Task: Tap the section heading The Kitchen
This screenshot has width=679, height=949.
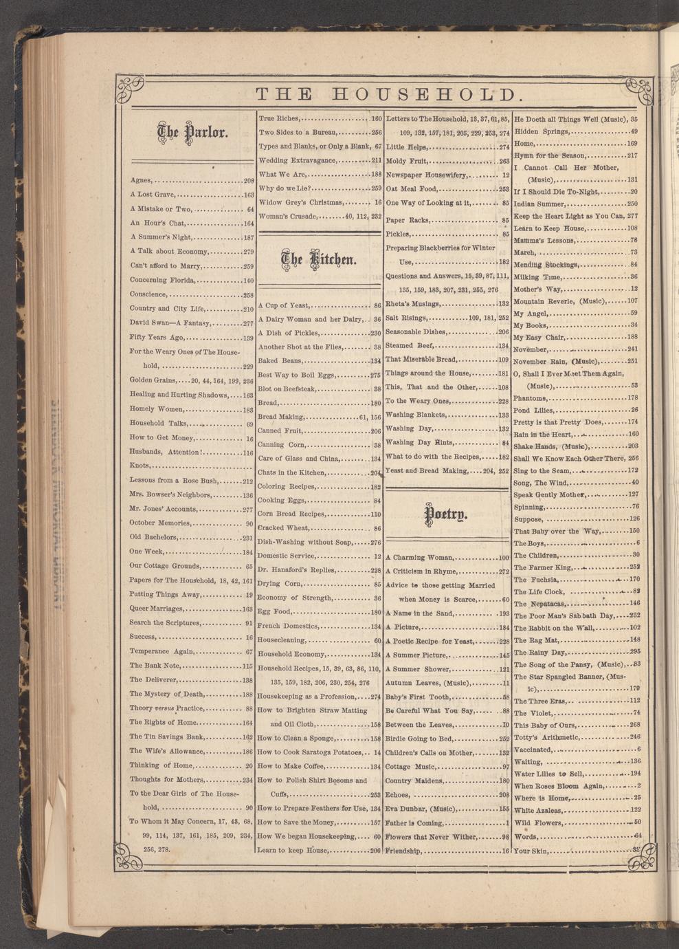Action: pos(319,259)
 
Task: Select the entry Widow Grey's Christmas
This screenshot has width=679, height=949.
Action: pos(300,202)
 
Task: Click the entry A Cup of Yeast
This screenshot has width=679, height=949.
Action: pos(285,305)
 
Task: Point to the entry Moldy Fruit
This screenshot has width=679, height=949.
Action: pos(407,161)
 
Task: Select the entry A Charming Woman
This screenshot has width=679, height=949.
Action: pos(419,558)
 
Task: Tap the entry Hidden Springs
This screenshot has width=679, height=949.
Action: pos(542,131)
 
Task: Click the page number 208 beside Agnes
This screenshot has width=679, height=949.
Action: pos(249,181)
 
